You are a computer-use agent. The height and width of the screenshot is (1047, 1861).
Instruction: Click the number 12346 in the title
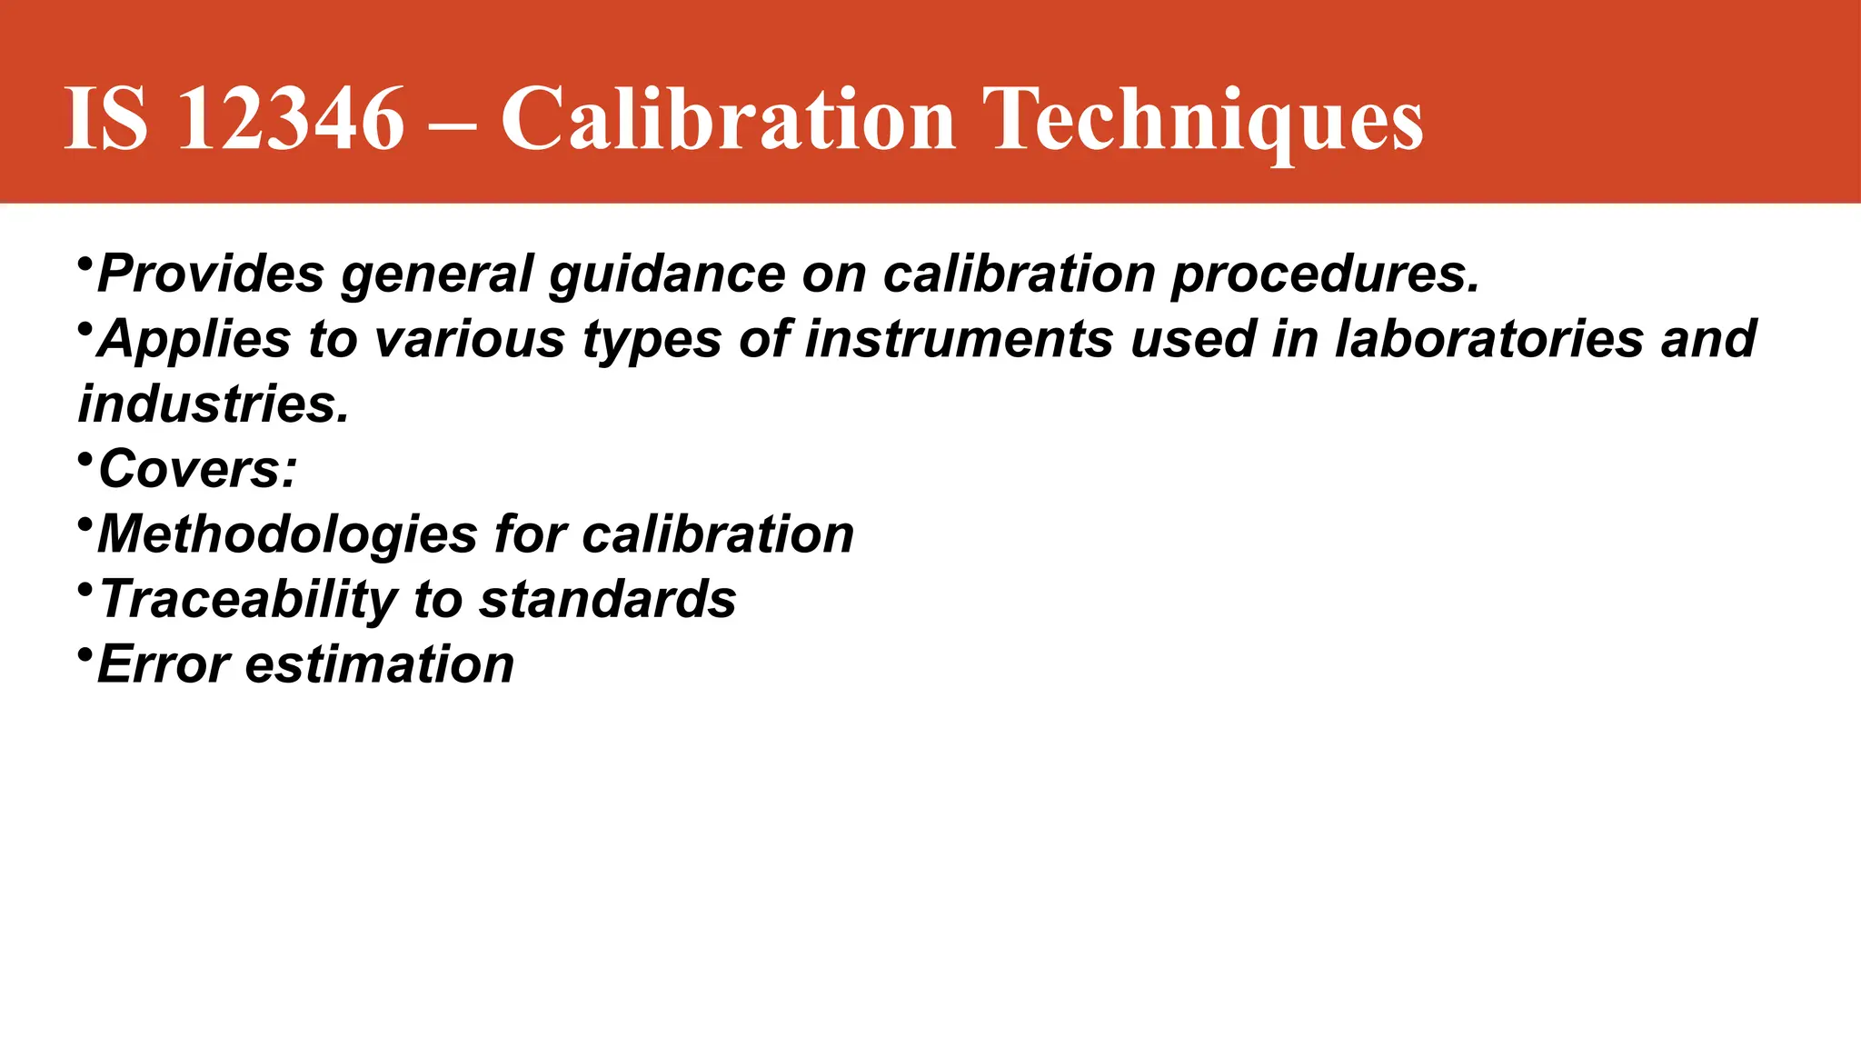pos(290,119)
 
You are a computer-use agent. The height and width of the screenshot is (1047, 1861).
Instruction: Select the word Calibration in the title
pos(728,119)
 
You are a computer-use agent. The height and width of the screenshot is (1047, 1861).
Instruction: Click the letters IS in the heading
pos(105,119)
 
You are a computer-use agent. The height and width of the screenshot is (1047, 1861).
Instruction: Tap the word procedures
pos(1326,274)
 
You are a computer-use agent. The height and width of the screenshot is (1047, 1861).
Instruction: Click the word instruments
pos(959,339)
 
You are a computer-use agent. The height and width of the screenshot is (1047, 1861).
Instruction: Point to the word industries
pos(214,404)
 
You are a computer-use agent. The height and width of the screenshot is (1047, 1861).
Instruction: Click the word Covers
pos(197,469)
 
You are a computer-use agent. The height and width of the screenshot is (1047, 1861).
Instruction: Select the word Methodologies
pos(287,534)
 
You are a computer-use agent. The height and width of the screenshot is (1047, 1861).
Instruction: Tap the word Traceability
pos(248,600)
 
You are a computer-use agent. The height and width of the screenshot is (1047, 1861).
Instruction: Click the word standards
pos(607,599)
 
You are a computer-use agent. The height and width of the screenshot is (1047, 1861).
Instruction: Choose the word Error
pos(164,664)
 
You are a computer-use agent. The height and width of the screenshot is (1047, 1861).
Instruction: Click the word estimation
pos(380,664)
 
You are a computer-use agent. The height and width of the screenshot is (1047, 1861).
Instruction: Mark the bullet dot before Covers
pos(85,460)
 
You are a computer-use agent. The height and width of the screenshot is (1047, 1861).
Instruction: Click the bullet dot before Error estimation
pos(85,655)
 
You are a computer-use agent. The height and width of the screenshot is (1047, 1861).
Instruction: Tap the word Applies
pos(194,340)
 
